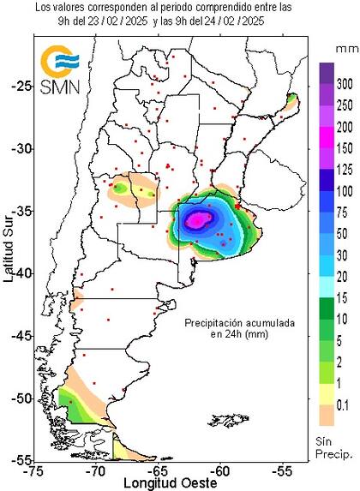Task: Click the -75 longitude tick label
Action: point(35,470)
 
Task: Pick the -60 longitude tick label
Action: point(221,470)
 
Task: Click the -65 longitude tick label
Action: point(159,470)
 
